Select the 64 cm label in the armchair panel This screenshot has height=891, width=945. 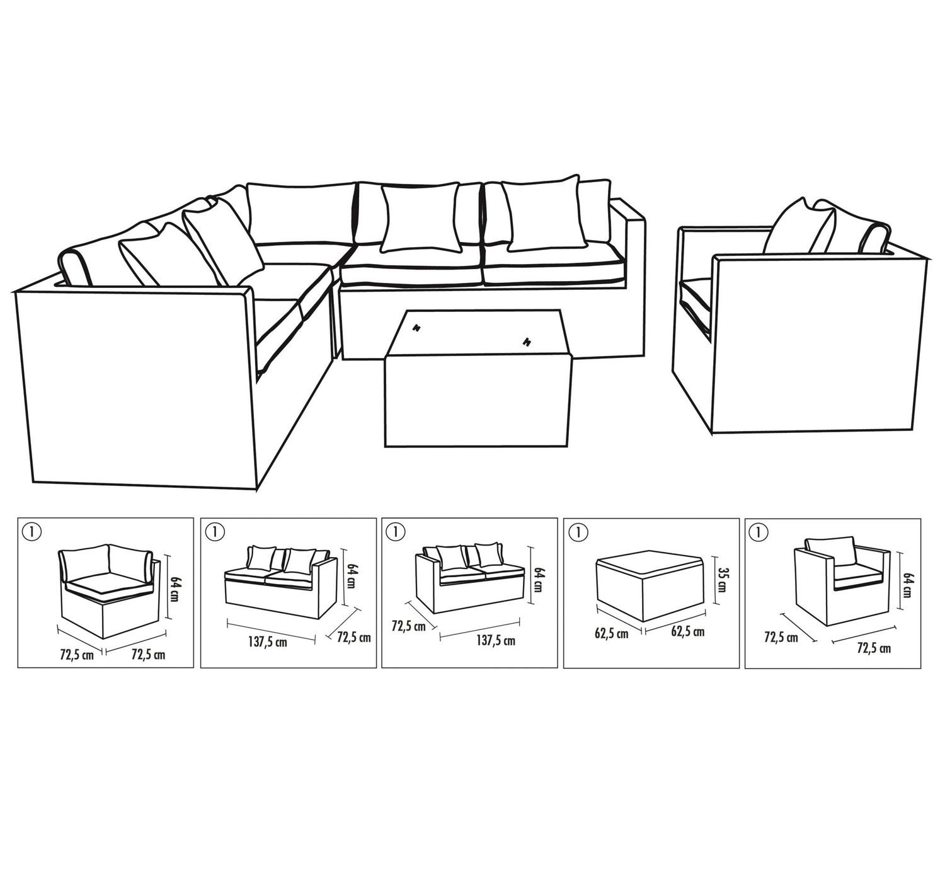(907, 585)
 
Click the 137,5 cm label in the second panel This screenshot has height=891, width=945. (267, 642)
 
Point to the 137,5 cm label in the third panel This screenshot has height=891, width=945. (496, 641)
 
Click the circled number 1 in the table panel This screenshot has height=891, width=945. (578, 532)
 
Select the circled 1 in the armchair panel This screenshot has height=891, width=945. (759, 532)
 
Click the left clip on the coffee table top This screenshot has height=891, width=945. (417, 328)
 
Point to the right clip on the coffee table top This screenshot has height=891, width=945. (527, 342)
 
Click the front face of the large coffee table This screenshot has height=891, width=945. (478, 400)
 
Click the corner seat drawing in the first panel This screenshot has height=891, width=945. (109, 590)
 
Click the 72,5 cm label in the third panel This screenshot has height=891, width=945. (408, 626)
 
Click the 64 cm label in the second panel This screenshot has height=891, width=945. (351, 576)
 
